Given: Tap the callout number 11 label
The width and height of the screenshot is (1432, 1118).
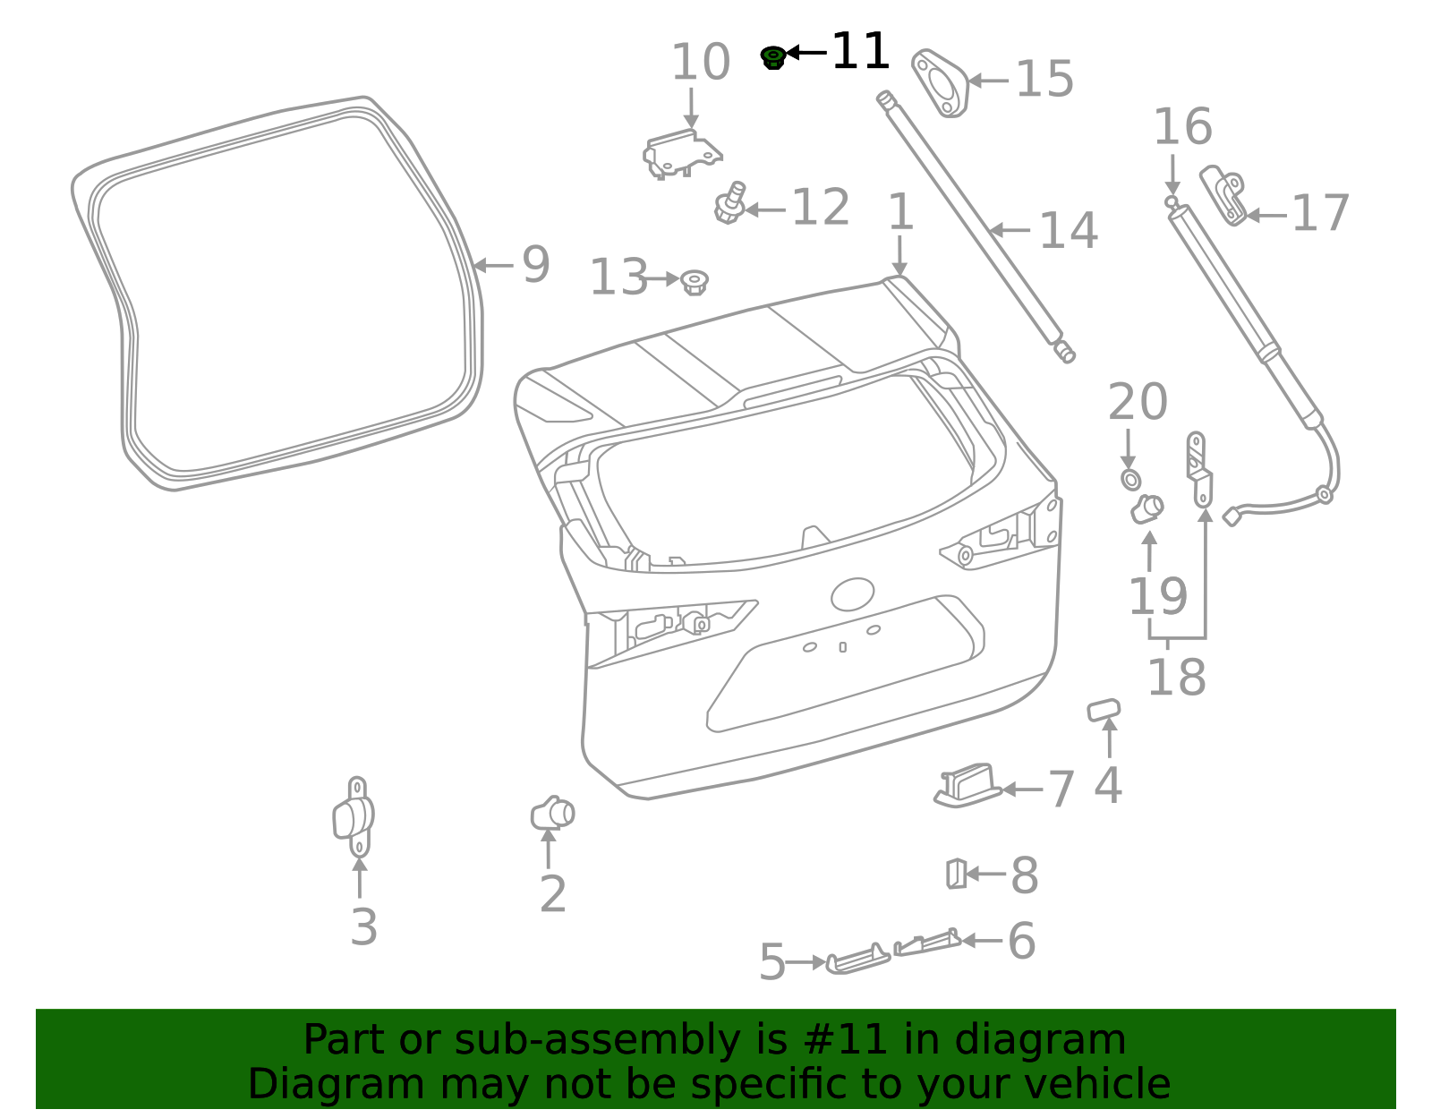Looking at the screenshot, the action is [860, 52].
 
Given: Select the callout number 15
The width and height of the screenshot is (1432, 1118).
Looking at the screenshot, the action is [1044, 80].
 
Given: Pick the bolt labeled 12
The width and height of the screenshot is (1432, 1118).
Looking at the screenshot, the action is [729, 205].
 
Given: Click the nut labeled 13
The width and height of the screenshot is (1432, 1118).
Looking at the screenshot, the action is [694, 282].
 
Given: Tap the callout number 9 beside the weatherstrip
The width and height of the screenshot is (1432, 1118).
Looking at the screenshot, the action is [535, 265].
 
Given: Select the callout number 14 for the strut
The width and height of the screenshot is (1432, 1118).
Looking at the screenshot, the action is [1068, 231].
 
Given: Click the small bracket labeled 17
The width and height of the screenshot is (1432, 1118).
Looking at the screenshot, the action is [1223, 194].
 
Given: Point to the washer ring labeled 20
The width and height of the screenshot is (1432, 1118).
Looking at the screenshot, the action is [1130, 480].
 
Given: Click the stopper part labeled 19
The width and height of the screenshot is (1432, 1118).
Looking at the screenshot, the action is [1146, 508].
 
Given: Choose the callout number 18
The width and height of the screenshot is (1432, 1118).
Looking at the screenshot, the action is [1176, 678].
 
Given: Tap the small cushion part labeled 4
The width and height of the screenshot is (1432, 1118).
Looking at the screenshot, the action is [1104, 709].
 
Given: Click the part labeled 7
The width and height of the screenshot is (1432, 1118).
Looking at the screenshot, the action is [967, 785].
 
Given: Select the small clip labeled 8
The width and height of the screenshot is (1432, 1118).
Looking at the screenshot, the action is [956, 873].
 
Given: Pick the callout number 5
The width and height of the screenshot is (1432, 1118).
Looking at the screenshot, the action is [771, 962].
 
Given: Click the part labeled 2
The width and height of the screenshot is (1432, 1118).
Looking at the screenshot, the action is [552, 813].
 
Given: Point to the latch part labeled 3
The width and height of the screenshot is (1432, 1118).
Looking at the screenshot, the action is [354, 816].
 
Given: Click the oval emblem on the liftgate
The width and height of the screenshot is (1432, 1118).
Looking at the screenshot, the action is [852, 594].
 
